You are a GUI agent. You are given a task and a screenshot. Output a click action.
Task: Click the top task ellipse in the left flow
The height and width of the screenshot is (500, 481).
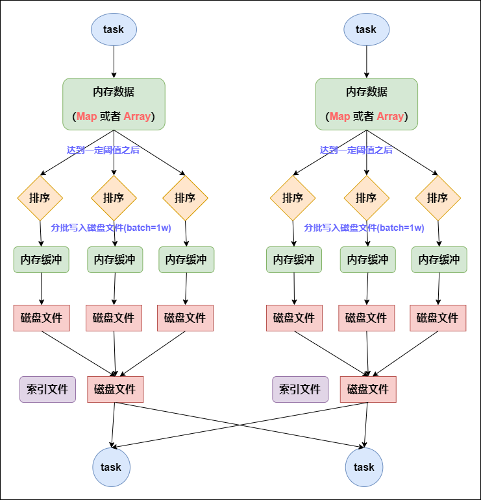click(114, 29)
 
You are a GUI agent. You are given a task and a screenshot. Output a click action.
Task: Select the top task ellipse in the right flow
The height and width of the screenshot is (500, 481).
click(366, 29)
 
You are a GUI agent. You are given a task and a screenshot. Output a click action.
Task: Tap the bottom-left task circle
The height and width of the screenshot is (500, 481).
click(111, 467)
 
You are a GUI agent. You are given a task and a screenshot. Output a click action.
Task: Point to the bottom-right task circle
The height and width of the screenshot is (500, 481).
click(364, 467)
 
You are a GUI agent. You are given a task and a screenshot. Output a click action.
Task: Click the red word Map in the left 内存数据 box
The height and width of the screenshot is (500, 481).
click(86, 117)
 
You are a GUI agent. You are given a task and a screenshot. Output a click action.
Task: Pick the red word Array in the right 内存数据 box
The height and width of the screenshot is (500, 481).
click(390, 117)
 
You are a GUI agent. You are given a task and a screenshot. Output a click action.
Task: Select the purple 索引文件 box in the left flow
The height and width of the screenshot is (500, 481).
click(47, 389)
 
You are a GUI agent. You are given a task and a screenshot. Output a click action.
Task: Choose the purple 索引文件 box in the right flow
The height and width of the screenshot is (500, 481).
click(300, 389)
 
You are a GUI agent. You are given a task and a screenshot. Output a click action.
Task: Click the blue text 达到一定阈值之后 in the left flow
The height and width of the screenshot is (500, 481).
click(103, 150)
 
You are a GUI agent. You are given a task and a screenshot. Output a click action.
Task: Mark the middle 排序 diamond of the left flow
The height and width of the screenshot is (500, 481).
click(114, 198)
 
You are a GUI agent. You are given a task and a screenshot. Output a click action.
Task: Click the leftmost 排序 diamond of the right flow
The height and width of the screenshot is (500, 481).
click(293, 198)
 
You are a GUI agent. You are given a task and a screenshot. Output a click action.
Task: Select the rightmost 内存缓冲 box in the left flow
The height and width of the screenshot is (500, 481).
click(186, 259)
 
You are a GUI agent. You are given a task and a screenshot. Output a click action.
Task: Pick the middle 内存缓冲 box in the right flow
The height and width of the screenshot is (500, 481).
click(367, 259)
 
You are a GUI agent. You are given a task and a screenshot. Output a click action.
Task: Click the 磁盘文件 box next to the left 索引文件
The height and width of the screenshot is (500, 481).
click(115, 389)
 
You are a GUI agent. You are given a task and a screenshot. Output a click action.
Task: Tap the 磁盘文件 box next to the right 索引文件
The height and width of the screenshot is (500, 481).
click(368, 389)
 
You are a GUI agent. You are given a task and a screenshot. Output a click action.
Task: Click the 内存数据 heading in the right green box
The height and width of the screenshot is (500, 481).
click(367, 91)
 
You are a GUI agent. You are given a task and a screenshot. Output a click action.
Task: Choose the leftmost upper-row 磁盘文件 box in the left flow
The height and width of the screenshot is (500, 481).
click(42, 318)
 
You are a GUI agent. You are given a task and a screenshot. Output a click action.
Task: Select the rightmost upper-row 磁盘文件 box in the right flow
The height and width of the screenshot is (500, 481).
click(438, 318)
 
